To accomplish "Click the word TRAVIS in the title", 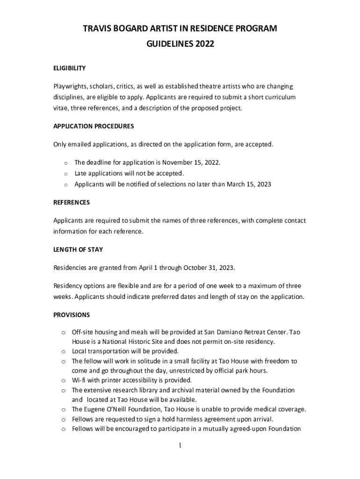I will (x=94, y=29).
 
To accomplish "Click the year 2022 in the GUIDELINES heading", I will (x=204, y=44).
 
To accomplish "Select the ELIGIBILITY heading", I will (x=69, y=68).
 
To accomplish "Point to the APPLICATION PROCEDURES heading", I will (x=94, y=126).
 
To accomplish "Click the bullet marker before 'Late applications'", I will (x=66, y=174).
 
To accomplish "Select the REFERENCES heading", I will (x=72, y=203).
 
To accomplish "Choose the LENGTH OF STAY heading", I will (x=78, y=250).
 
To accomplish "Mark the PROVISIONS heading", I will (x=72, y=315).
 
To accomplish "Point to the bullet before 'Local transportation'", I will (x=63, y=351).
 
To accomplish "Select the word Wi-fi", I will (x=80, y=380).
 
